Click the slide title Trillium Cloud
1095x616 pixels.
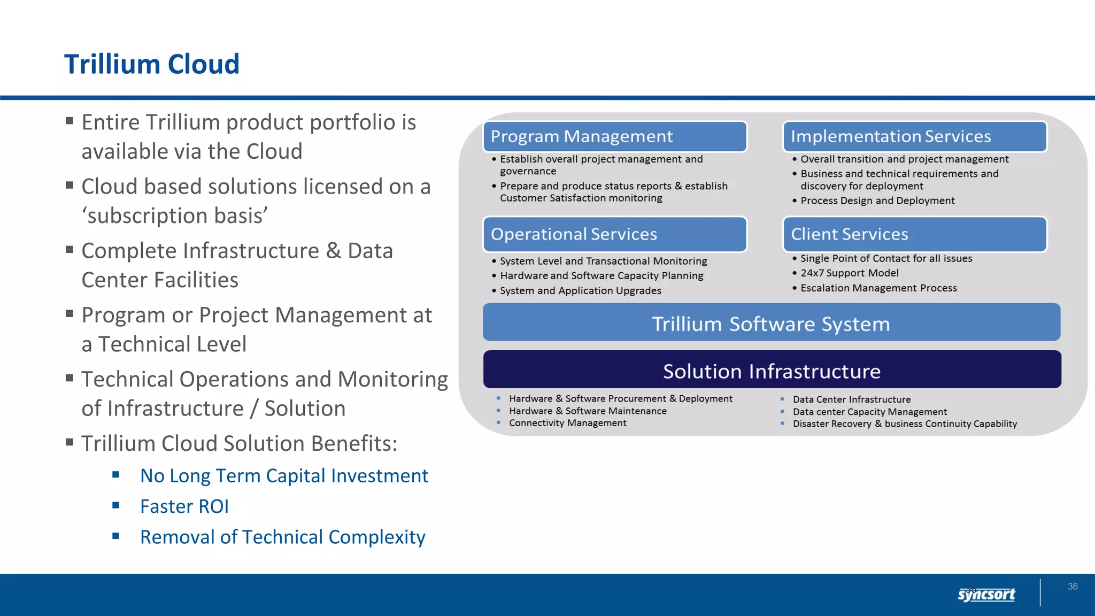pos(152,64)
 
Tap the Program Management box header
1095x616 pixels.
pos(614,136)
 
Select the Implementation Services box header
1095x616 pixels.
pos(914,136)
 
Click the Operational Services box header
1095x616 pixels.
pos(614,234)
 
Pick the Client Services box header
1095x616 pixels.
pos(914,234)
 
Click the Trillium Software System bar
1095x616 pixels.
pos(771,322)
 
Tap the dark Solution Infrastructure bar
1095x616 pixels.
pos(772,370)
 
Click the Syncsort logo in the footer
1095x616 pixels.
pos(986,594)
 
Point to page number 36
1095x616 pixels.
pos(1073,587)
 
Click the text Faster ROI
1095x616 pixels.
pos(184,506)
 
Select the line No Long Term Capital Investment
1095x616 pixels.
pos(284,476)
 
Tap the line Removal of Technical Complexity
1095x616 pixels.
pos(282,537)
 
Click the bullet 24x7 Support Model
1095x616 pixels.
pos(849,273)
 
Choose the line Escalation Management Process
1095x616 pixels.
pos(878,288)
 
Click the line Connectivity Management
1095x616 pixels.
pos(567,423)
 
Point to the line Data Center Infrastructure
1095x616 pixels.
pos(851,399)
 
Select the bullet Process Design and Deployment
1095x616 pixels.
pos(877,201)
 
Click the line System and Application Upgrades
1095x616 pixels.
pos(580,291)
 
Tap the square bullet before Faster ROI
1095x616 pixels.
pos(116,505)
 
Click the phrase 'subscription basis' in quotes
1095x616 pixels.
pos(174,216)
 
